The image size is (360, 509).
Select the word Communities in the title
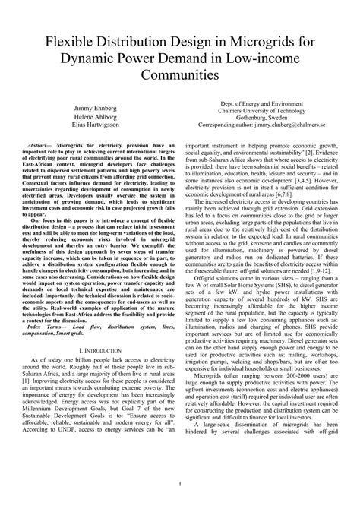pyautogui.click(x=179, y=76)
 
